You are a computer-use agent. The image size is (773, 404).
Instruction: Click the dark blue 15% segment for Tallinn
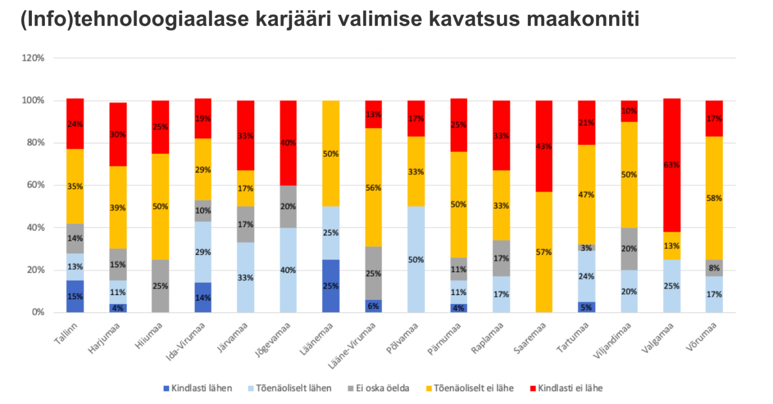click(75, 296)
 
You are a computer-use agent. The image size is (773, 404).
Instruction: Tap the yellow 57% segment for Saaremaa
click(544, 252)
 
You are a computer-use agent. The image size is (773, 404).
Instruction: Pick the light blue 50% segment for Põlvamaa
click(416, 259)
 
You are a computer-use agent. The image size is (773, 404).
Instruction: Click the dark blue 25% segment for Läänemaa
click(331, 286)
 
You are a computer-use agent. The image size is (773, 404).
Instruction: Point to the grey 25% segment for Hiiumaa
click(160, 286)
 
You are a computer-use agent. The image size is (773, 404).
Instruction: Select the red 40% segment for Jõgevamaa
click(288, 143)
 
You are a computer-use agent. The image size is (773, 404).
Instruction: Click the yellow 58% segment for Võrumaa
click(714, 198)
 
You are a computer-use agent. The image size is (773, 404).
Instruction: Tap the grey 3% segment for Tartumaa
click(586, 248)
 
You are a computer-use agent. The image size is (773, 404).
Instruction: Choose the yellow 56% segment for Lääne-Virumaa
click(373, 188)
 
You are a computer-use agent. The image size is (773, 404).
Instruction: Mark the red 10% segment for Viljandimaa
click(629, 111)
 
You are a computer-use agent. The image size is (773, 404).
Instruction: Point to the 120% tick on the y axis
click(33, 58)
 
